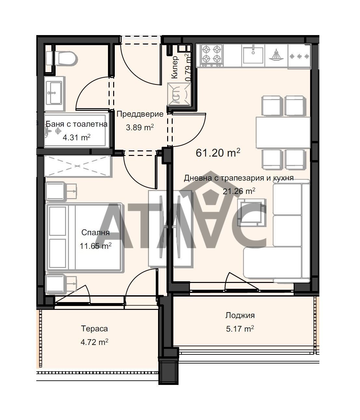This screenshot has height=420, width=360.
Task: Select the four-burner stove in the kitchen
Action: click(x=211, y=55)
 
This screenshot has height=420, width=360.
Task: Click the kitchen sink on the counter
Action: click(x=253, y=55)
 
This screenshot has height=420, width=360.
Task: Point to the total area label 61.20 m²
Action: click(x=218, y=153)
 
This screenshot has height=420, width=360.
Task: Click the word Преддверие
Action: click(x=140, y=114)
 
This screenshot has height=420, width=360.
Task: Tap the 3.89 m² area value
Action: click(x=140, y=127)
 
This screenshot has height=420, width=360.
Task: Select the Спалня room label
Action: click(x=95, y=233)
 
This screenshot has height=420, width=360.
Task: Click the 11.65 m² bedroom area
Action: click(x=95, y=246)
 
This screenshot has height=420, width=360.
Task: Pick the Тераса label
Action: click(x=94, y=329)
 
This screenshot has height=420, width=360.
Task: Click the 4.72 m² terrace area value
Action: click(x=94, y=342)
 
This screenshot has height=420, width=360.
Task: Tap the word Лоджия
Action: click(x=240, y=315)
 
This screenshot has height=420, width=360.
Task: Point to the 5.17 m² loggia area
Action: click(x=240, y=329)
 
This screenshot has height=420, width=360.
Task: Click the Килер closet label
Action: click(x=175, y=67)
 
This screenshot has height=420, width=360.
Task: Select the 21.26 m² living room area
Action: click(x=239, y=191)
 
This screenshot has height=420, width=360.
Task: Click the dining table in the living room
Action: click(x=283, y=132)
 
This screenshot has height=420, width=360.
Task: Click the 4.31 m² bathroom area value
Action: click(x=76, y=137)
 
